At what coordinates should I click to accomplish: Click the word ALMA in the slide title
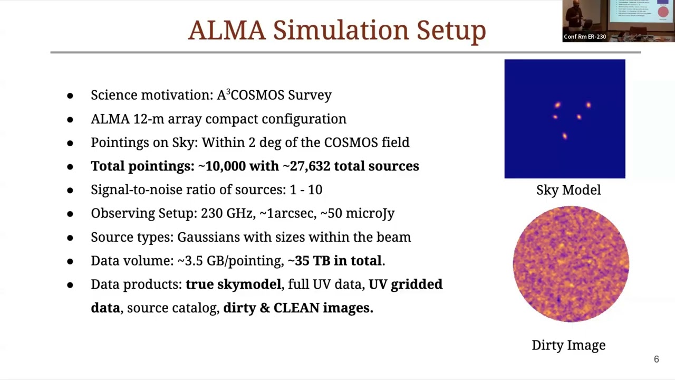pyautogui.click(x=227, y=30)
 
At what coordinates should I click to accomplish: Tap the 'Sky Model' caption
pyautogui.click(x=568, y=190)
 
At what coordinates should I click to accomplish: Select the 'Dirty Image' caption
pyautogui.click(x=568, y=345)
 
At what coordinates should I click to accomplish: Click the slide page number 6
pyautogui.click(x=656, y=359)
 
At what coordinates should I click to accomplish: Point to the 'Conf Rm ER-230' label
pyautogui.click(x=584, y=36)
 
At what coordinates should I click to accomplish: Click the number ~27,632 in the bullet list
pyautogui.click(x=306, y=166)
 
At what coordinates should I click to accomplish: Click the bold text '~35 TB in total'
pyautogui.click(x=335, y=261)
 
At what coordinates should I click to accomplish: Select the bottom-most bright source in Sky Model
pyautogui.click(x=565, y=136)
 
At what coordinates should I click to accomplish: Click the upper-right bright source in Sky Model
pyautogui.click(x=589, y=105)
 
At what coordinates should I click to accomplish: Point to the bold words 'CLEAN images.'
pyautogui.click(x=323, y=308)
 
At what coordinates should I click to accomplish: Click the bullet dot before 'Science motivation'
pyautogui.click(x=70, y=96)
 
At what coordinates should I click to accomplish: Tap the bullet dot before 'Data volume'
pyautogui.click(x=70, y=261)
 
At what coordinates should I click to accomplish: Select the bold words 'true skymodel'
pyautogui.click(x=233, y=284)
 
